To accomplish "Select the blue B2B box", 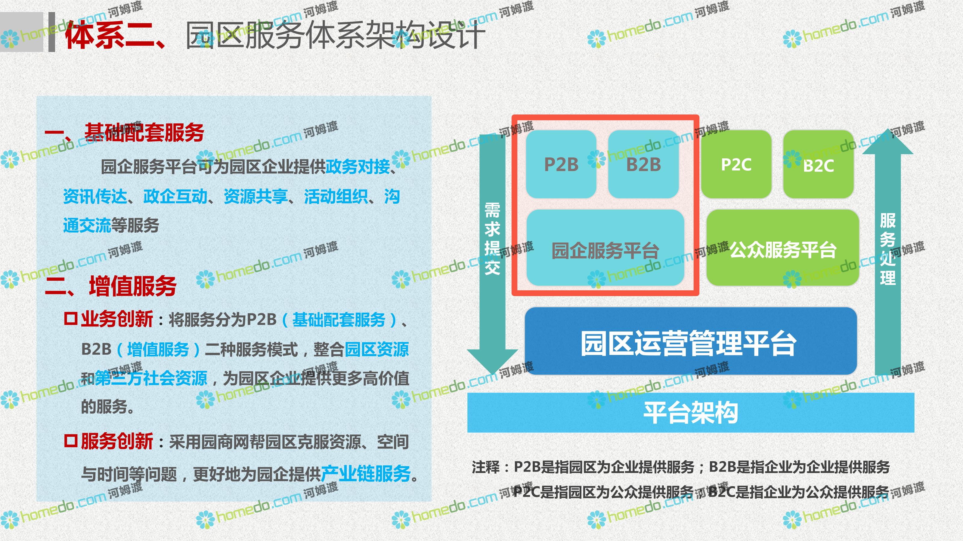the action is coord(643,164).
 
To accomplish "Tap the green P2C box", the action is coord(736,164).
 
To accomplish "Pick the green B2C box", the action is coord(818,164).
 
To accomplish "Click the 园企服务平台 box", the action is coord(605,248).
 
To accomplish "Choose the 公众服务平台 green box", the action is coord(783,248).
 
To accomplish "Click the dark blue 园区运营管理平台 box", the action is coord(691,341).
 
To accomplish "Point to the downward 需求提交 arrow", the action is coord(492,254).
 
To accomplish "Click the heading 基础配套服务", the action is coord(144,132).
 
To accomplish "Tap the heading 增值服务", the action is coord(133,286).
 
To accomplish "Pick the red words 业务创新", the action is coord(117,319).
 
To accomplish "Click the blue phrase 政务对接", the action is coord(358,167).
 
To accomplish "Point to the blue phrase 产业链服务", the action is coord(366,473).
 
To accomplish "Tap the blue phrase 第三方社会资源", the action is coord(151,378).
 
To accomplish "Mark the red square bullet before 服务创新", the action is coord(71,441).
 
